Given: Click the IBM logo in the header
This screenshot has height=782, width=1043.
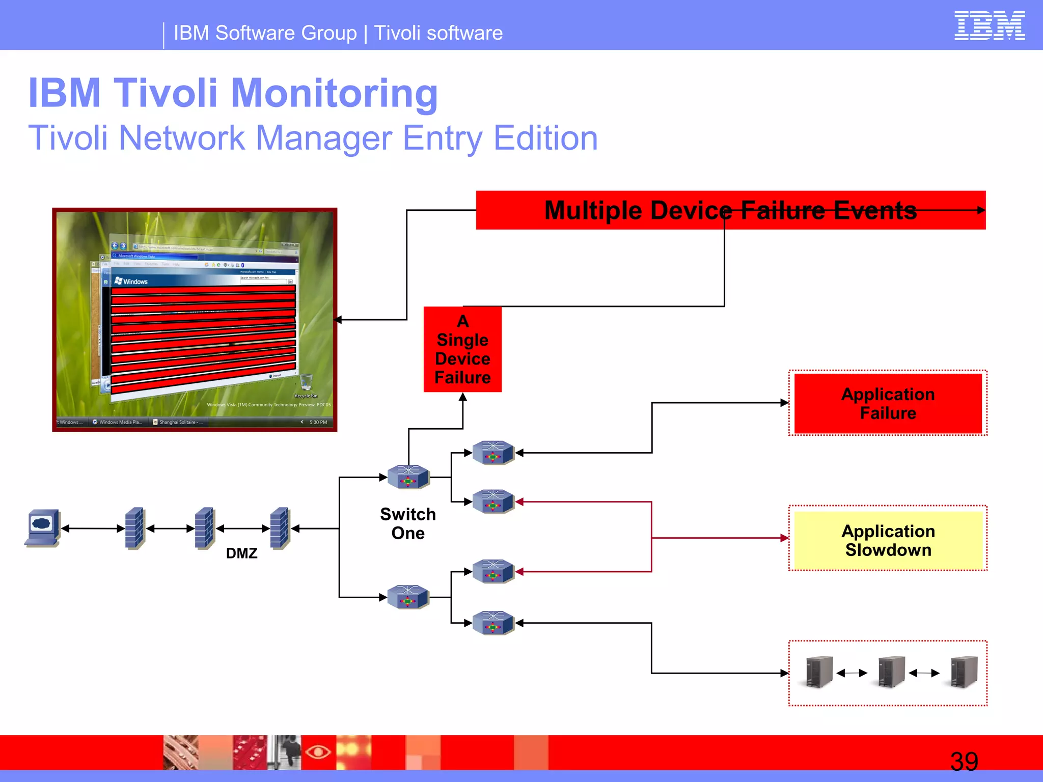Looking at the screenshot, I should pyautogui.click(x=989, y=25).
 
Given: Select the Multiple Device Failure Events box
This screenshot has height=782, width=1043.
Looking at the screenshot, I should pyautogui.click(x=730, y=210).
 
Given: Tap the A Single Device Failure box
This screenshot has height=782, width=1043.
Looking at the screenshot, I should pyautogui.click(x=462, y=349).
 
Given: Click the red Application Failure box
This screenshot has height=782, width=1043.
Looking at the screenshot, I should pyautogui.click(x=888, y=403).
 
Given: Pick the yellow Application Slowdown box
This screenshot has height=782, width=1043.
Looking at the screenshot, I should pyautogui.click(x=888, y=540).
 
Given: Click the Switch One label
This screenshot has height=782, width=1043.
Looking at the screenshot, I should pyautogui.click(x=408, y=523).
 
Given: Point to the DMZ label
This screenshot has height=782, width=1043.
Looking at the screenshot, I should pyautogui.click(x=241, y=553).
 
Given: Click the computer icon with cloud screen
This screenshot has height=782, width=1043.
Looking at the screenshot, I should pyautogui.click(x=43, y=527).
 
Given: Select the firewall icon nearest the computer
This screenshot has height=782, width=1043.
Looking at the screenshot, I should pyautogui.click(x=135, y=528).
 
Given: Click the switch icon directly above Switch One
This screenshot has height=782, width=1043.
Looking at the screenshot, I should pyautogui.click(x=408, y=477).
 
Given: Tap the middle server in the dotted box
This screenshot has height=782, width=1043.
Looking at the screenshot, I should pyautogui.click(x=891, y=672).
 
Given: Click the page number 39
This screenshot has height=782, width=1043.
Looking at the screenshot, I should pyautogui.click(x=964, y=762).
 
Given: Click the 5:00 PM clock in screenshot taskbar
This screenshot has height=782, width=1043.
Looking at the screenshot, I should pyautogui.click(x=318, y=422).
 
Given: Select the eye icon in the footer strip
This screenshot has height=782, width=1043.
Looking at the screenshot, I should pyautogui.click(x=318, y=752).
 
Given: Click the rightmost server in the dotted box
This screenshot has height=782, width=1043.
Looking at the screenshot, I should pyautogui.click(x=964, y=672).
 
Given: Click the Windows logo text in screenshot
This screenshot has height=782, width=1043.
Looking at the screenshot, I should pyautogui.click(x=131, y=281).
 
